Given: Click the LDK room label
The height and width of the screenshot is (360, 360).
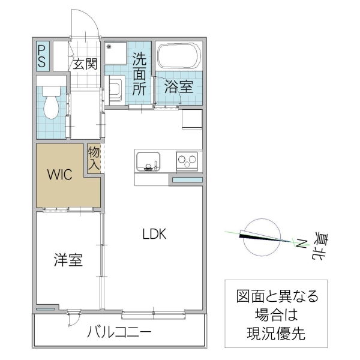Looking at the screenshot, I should (154, 235).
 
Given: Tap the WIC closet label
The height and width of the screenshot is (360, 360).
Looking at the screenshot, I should (60, 175).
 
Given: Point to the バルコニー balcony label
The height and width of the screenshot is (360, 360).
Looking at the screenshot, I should (119, 332).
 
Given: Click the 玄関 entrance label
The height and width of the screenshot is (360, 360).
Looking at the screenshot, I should (85, 64).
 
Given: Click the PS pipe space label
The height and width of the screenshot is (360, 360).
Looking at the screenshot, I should (43, 56).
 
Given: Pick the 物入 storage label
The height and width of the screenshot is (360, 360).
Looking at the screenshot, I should (94, 157).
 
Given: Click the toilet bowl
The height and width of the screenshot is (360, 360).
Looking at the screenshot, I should (52, 105).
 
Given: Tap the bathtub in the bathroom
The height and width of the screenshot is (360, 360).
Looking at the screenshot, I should (178, 57).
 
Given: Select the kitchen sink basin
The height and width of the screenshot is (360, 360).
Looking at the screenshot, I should (148, 161).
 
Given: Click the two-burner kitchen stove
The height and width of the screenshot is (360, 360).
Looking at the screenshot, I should (187, 161).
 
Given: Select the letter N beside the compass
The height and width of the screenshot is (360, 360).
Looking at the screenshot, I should (301, 244).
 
